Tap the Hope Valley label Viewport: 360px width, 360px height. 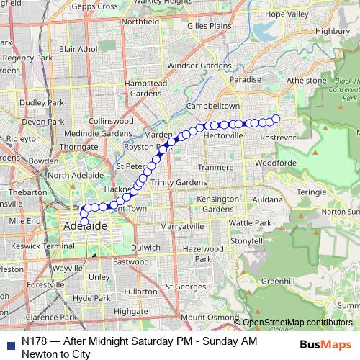287,14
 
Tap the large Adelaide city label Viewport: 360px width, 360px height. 85,226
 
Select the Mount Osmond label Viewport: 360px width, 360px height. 209,317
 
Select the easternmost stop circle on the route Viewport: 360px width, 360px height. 276,119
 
